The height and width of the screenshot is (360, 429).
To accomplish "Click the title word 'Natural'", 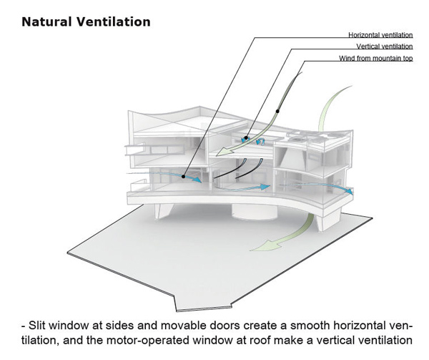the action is tap(46, 22).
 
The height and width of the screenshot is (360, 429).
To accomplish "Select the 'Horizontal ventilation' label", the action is tap(380, 35).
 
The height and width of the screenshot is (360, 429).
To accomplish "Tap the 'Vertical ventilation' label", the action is tap(385, 47).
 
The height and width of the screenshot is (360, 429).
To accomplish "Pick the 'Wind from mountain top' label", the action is tap(376, 58).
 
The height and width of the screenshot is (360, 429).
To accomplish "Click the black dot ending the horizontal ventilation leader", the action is tap(184, 177).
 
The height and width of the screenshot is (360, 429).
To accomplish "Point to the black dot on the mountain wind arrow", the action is tap(277, 111).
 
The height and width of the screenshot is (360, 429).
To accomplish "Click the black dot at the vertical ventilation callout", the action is tap(246, 137).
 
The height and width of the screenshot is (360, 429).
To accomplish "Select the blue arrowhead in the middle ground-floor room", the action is tap(265, 187).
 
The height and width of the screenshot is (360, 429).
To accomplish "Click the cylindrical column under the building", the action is tap(255, 212).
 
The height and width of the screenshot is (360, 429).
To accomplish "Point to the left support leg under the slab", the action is tap(163, 211).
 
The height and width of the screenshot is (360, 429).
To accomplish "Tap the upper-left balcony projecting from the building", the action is tap(134, 150).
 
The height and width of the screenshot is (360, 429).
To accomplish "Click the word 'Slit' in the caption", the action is tap(37, 326).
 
